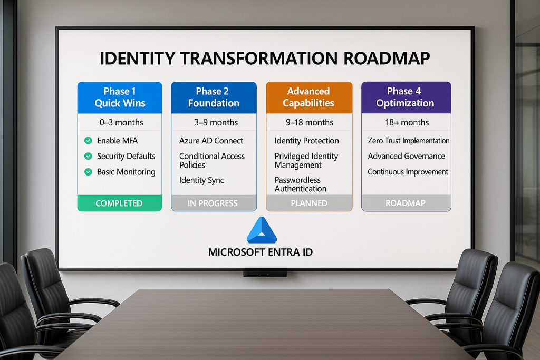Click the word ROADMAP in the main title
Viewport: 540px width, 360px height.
click(x=387, y=58)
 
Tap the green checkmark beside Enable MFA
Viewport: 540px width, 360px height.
click(x=88, y=140)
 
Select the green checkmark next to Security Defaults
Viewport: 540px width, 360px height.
click(x=88, y=156)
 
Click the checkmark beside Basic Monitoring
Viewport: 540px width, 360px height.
click(x=88, y=172)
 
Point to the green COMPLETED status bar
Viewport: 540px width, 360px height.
click(x=120, y=203)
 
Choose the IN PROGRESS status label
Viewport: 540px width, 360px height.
click(x=213, y=203)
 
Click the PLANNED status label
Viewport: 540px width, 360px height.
click(x=309, y=203)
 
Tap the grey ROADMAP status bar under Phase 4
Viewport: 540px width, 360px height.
click(x=406, y=203)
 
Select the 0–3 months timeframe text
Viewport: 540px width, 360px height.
click(x=121, y=122)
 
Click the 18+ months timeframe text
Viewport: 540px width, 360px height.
click(x=407, y=122)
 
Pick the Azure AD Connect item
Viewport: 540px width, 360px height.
click(x=211, y=141)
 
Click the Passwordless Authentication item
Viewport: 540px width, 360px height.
click(x=300, y=184)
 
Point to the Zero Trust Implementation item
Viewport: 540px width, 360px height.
click(x=409, y=141)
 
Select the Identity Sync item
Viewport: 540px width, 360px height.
click(x=201, y=180)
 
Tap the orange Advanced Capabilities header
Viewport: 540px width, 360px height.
click(x=309, y=98)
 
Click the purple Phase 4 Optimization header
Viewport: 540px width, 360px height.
click(x=406, y=98)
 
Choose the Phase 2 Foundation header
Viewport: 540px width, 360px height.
click(x=214, y=98)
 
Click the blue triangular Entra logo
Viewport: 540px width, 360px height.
click(x=262, y=230)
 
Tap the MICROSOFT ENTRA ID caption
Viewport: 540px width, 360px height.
click(x=261, y=252)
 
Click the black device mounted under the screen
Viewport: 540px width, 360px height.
click(x=265, y=274)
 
